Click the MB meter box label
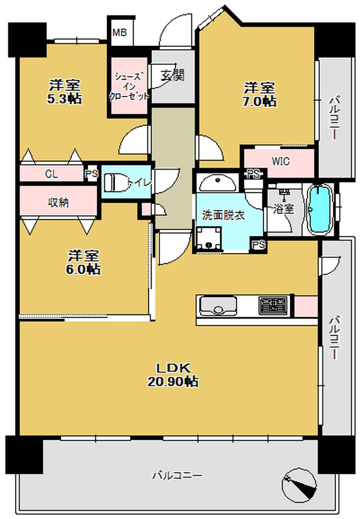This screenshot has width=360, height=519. [119, 33]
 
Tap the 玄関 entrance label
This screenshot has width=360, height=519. [172, 76]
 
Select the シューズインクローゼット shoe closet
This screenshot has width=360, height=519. [130, 86]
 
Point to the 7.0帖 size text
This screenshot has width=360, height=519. [260, 101]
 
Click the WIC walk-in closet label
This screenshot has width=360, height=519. [281, 162]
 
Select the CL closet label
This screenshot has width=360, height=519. [51, 174]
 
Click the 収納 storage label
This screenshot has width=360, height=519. [58, 202]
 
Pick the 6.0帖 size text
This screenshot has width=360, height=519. [83, 269]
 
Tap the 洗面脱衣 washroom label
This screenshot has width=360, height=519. [223, 215]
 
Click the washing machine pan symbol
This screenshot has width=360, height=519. [208, 238]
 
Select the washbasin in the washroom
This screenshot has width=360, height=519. [217, 182]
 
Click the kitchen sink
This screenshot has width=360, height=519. [218, 306]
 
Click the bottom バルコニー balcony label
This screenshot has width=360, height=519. [177, 476]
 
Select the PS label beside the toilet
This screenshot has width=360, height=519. [92, 174]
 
